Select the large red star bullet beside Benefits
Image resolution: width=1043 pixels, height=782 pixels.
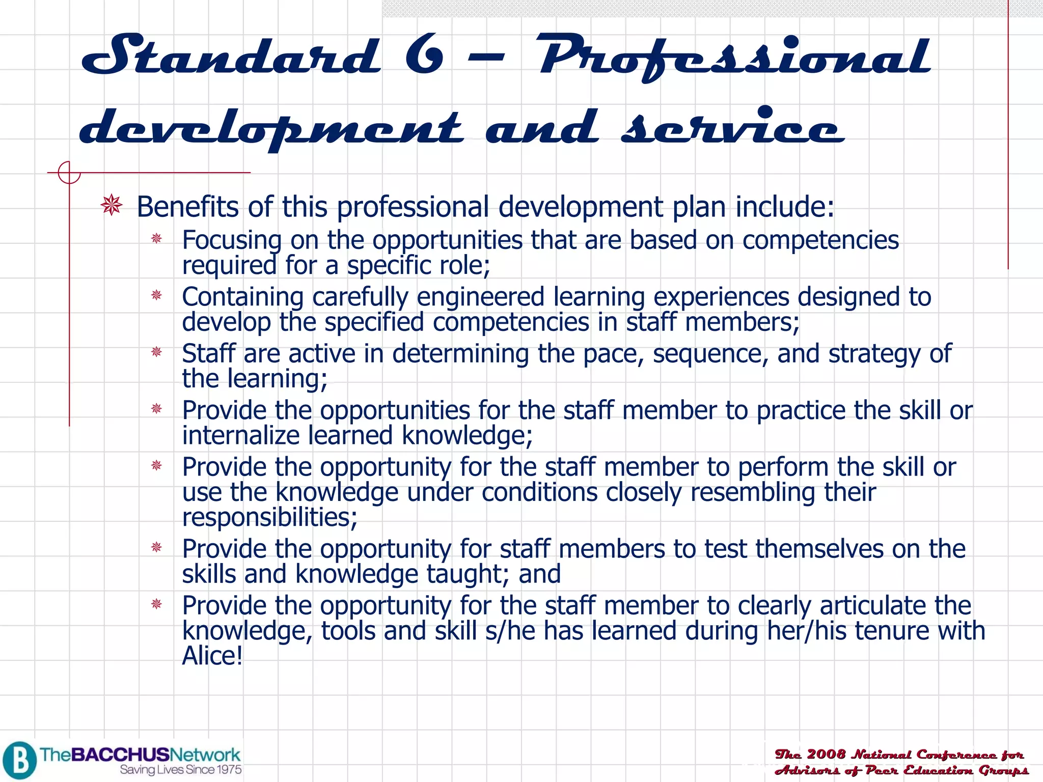112,206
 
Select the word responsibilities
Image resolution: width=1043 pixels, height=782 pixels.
269,518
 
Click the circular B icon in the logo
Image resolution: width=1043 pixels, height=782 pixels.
19,760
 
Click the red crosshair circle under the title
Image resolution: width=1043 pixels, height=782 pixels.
69,173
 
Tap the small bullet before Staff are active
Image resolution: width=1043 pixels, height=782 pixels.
156,352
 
